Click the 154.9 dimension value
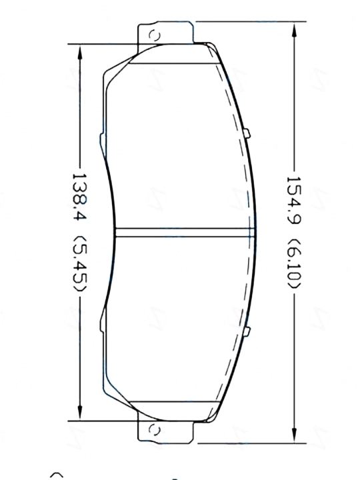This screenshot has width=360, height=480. click(x=294, y=199)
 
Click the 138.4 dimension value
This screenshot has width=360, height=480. click(x=79, y=197)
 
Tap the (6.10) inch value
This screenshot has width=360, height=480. click(x=295, y=263)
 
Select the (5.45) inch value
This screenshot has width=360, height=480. click(x=80, y=263)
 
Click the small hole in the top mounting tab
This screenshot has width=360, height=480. click(x=154, y=36)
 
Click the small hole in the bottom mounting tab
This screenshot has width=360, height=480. click(x=154, y=430)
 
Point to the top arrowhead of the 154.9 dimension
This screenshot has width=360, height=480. click(x=294, y=31)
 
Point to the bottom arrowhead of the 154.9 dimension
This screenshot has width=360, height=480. click(x=294, y=434)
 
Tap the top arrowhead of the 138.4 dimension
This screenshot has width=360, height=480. click(x=80, y=53)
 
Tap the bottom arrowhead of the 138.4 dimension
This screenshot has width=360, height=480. click(x=80, y=413)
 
